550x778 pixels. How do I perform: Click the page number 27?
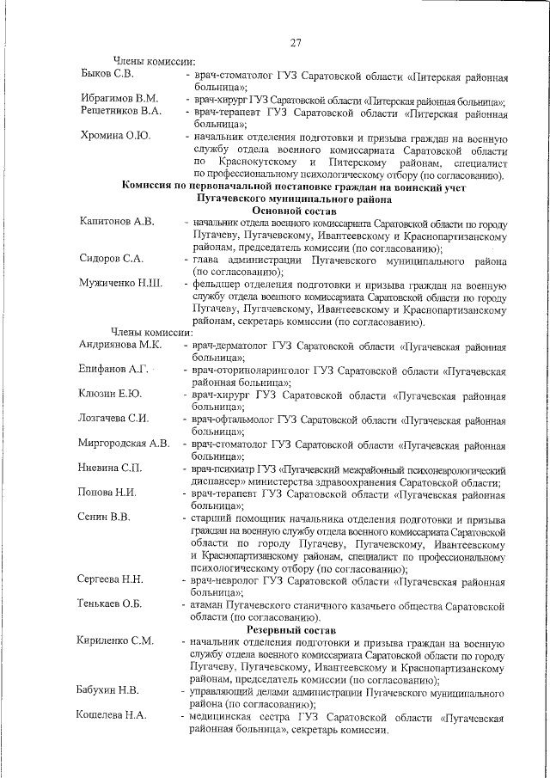(x=294, y=43)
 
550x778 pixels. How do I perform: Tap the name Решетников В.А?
(x=121, y=111)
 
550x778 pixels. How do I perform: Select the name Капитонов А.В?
(x=118, y=222)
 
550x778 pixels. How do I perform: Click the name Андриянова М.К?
(x=121, y=344)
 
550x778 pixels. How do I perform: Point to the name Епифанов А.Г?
(x=115, y=369)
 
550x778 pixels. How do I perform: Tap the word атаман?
(x=214, y=604)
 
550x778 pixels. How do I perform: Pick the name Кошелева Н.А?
(x=113, y=714)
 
